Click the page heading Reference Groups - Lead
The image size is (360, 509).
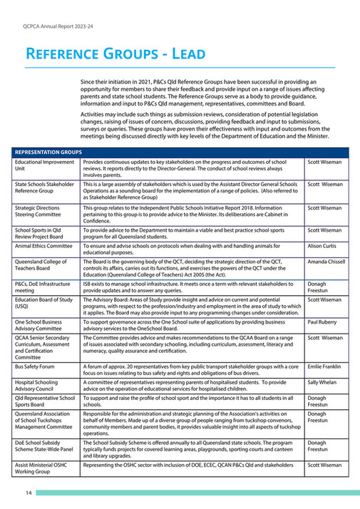115,54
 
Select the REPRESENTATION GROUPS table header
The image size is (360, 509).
47,153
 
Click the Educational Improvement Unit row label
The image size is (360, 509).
41,166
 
